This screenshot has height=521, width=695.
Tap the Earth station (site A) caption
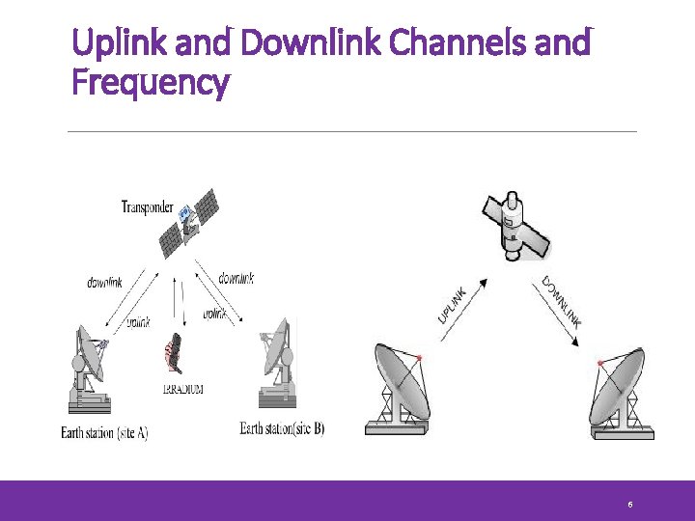pyautogui.click(x=104, y=432)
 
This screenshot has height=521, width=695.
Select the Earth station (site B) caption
pyautogui.click(x=282, y=428)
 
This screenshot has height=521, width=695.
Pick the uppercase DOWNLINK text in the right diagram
pyautogui.click(x=561, y=302)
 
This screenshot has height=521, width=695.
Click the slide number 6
pyautogui.click(x=629, y=505)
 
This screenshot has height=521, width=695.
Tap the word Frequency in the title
pyautogui.click(x=151, y=83)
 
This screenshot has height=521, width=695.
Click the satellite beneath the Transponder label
pyautogui.click(x=191, y=222)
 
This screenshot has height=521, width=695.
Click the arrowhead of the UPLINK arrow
pyautogui.click(x=483, y=283)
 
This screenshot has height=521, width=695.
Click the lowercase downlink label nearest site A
pyautogui.click(x=104, y=283)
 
